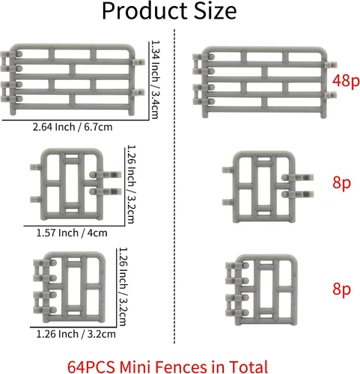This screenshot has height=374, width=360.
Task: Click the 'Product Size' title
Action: [169, 11]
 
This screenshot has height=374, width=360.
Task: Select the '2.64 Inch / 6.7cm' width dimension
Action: [73, 127]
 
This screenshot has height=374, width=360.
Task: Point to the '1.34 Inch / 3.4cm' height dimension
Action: [155, 80]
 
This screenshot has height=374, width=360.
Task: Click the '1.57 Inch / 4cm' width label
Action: [72, 233]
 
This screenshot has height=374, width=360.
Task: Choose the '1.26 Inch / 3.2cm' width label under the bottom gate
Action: [76, 334]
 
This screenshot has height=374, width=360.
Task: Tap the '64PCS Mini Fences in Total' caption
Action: [168, 367]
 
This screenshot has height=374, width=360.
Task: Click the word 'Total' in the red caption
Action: [248, 367]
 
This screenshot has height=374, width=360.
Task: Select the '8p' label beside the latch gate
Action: [341, 183]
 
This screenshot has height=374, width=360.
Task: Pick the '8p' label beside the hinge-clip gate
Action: [341, 289]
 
